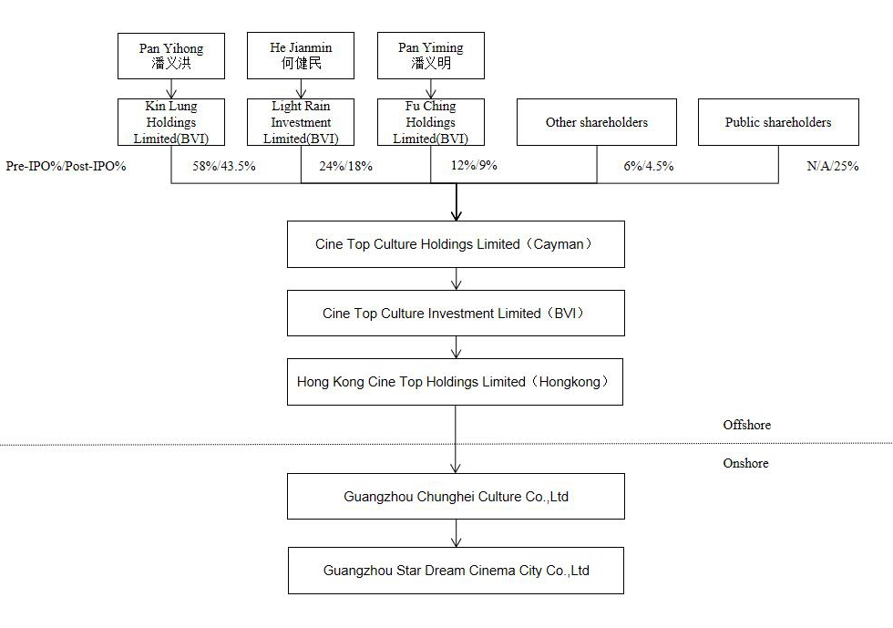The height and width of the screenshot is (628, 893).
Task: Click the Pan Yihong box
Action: point(171,56)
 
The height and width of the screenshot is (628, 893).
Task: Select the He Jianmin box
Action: point(301,56)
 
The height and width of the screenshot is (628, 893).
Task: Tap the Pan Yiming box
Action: point(431,56)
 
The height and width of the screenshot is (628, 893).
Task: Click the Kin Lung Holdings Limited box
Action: point(171,122)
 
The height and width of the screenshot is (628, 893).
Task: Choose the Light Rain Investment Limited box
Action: point(301,122)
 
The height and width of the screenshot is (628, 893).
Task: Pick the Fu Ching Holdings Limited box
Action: point(431,122)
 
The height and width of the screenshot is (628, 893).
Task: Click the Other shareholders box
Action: point(597,122)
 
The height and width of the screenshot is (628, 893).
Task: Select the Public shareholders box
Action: point(778,122)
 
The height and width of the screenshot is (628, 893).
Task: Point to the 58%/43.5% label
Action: point(224,167)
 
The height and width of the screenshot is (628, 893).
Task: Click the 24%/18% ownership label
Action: point(345,167)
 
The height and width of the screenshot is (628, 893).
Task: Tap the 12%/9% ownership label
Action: point(475,166)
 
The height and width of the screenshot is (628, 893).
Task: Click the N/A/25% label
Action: point(833,167)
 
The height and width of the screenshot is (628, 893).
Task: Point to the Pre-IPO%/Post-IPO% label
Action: point(66,167)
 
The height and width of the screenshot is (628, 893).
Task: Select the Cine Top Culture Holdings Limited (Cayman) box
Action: point(456,244)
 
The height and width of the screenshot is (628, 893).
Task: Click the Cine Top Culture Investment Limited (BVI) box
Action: point(456,314)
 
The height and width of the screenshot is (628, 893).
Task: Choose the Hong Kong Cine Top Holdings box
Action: point(455,382)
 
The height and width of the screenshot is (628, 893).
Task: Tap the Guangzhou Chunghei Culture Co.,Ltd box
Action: point(456,497)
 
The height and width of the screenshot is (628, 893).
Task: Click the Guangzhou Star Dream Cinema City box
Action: point(456,571)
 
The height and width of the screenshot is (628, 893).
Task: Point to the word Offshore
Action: point(746,425)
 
